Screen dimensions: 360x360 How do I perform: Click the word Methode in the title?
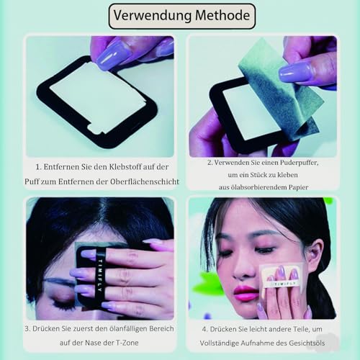click(x=218, y=15)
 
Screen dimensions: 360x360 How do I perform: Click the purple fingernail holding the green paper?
click(x=295, y=72)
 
